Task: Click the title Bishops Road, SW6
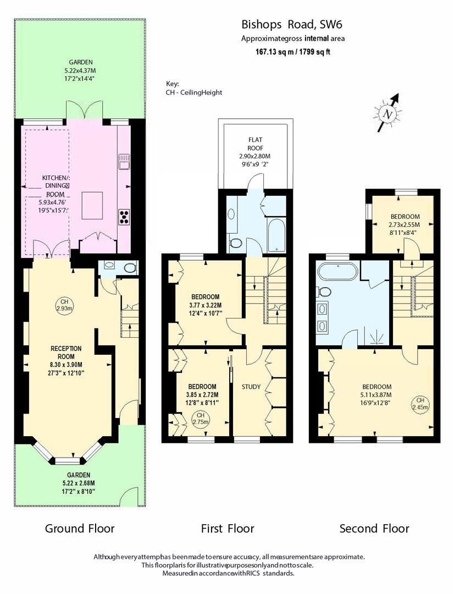pyautogui.click(x=295, y=25)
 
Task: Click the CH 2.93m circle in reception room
pyautogui.click(x=64, y=305)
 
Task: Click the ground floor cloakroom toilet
pyautogui.click(x=130, y=268)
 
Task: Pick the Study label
pyautogui.click(x=251, y=387)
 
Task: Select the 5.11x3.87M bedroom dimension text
pyautogui.click(x=377, y=394)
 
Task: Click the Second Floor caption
pyautogui.click(x=374, y=529)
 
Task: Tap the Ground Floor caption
pyautogui.click(x=80, y=529)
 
